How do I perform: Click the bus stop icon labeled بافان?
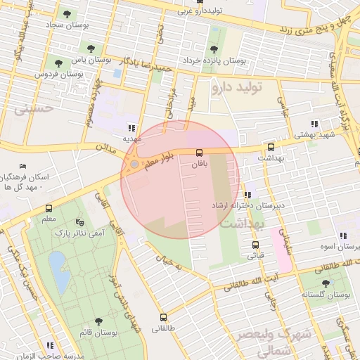click(199, 153)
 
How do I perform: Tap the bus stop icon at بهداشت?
click(271, 148)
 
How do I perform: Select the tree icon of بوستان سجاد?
click(67, 14)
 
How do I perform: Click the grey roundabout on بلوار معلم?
click(134, 165)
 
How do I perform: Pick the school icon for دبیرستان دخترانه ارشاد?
click(247, 195)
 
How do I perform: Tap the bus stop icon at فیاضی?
click(255, 245)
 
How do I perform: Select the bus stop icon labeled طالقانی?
click(164, 317)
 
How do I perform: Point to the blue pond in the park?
click(59, 273)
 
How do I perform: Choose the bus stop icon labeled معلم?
click(49, 209)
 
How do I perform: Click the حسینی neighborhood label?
click(38, 109)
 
